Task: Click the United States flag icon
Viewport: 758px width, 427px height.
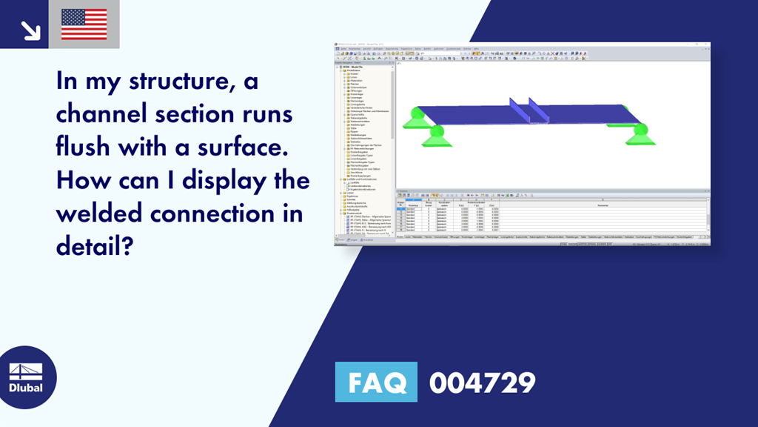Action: [84, 24]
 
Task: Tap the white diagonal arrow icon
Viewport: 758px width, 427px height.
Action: [30, 30]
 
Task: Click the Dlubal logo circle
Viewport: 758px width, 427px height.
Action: [26, 376]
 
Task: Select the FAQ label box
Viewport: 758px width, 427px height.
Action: [375, 383]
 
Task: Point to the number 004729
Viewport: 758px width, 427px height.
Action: [483, 383]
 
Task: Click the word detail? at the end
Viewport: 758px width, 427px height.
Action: [95, 246]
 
